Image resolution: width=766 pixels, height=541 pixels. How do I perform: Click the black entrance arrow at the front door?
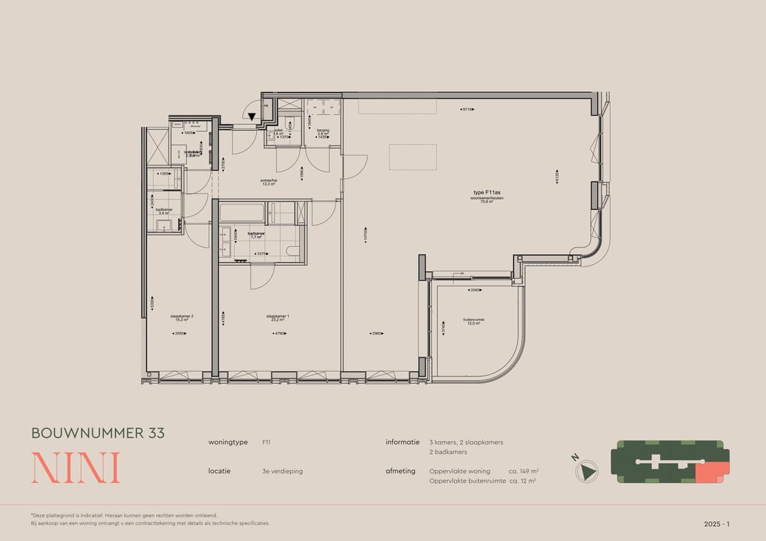coord(251,117)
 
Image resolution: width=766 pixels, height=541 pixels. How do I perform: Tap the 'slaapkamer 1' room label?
coord(277,316)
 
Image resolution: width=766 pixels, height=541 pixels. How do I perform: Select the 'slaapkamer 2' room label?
coord(182,316)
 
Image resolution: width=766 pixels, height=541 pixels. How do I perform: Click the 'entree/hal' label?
coord(267,181)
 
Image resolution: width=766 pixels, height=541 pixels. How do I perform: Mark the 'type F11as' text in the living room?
coord(488,192)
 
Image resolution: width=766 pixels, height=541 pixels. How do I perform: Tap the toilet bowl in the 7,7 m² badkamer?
coord(292,251)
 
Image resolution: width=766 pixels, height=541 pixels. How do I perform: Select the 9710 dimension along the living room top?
coord(467,110)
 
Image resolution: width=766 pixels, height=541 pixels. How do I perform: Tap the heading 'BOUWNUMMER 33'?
coord(98,433)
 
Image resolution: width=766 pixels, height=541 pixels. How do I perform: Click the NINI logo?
coord(75,467)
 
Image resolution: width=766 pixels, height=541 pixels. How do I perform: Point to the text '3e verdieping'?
coord(282,471)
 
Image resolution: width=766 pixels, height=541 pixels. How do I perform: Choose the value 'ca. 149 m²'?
coord(524,471)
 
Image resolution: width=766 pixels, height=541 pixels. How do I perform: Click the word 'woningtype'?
coord(228,442)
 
